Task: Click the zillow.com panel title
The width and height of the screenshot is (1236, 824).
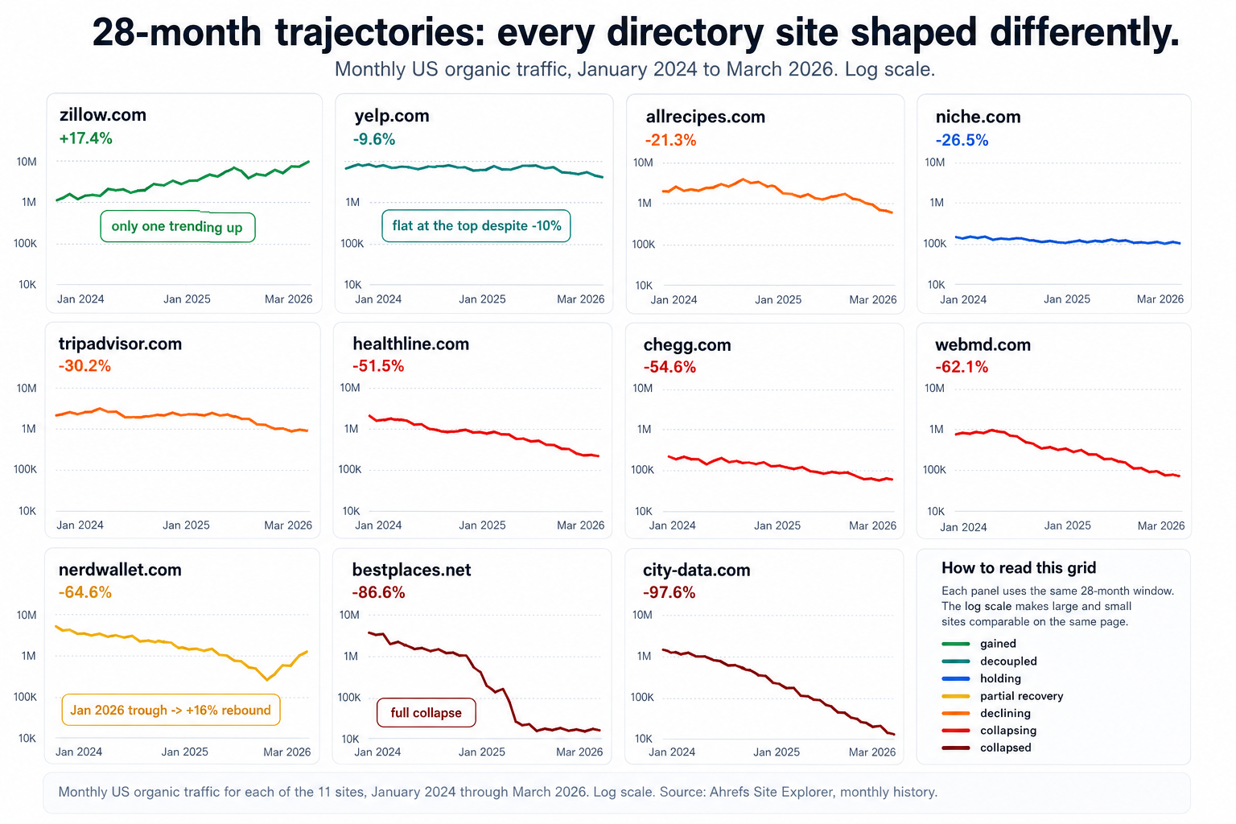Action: (x=103, y=115)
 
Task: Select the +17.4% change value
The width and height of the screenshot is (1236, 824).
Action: (x=86, y=138)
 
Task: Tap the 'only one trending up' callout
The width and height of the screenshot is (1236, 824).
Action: (x=177, y=227)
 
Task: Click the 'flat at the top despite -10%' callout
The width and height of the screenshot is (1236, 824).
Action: (x=476, y=226)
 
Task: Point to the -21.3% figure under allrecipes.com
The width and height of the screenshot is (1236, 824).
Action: (x=670, y=140)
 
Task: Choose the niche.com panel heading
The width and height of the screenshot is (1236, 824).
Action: (x=978, y=117)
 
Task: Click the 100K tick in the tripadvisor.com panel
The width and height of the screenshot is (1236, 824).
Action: (x=25, y=469)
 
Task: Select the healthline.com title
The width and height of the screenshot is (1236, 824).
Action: (x=410, y=344)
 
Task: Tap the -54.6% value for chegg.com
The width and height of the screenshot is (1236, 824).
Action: (x=669, y=367)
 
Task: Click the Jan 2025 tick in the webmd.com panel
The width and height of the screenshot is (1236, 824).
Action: (x=1067, y=525)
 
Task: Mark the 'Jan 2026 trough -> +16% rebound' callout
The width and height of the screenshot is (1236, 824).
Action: (x=171, y=710)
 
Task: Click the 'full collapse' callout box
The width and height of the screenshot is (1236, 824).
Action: (x=426, y=713)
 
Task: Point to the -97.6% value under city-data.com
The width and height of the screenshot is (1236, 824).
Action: (x=669, y=592)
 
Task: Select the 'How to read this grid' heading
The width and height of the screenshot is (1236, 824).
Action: (x=1019, y=568)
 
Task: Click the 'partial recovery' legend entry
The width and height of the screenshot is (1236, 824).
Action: (x=1021, y=696)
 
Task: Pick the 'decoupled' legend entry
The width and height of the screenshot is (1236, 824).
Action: (x=1008, y=661)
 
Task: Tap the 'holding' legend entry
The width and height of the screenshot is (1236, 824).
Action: (x=1000, y=678)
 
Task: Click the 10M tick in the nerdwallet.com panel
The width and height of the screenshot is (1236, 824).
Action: (x=27, y=615)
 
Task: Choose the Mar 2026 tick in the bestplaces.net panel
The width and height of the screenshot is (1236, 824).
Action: (x=579, y=752)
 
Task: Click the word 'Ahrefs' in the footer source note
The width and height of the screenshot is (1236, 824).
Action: (x=729, y=792)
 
